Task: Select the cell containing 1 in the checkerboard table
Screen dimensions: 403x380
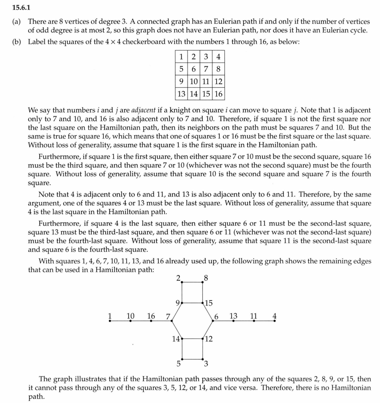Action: (181, 57)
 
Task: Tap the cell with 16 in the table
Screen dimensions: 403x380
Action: (219, 94)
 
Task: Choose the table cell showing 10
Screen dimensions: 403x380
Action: (193, 82)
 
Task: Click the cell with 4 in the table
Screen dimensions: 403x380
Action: (219, 57)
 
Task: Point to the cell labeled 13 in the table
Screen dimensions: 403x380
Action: (181, 94)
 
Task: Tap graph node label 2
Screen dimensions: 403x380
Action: (178, 278)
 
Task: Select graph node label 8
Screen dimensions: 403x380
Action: (206, 278)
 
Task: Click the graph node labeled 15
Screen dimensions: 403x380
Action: (209, 303)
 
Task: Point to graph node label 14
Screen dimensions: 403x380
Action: (176, 338)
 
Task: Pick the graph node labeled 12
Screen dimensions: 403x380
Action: (209, 338)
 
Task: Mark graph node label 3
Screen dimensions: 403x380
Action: (206, 363)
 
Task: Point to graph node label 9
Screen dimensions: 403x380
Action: (177, 303)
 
